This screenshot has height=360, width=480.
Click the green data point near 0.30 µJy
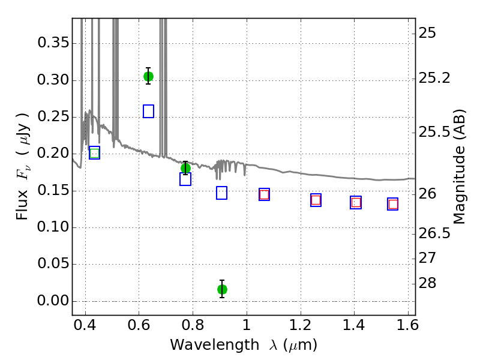(x=148, y=76)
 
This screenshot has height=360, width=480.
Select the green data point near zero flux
(x=222, y=289)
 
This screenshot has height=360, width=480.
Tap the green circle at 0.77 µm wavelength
(x=185, y=168)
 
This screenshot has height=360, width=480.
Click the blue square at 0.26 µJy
(x=148, y=111)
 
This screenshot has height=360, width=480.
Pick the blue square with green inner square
(x=95, y=153)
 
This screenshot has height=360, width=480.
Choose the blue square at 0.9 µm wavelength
(x=221, y=193)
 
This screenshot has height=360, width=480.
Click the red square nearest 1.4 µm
(x=356, y=203)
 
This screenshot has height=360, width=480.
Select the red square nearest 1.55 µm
(x=393, y=204)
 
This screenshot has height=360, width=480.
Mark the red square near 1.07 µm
(x=264, y=194)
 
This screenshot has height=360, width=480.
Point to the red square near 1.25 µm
(x=316, y=200)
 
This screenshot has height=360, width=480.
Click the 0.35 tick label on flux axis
(x=53, y=43)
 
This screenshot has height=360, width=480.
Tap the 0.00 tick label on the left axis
(x=53, y=301)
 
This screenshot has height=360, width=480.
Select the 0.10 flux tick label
(x=53, y=227)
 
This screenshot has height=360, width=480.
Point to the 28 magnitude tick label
(x=427, y=283)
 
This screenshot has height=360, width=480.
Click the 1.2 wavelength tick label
(x=301, y=325)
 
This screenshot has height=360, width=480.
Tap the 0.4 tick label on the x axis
(x=85, y=325)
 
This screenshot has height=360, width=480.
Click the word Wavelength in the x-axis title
(x=215, y=345)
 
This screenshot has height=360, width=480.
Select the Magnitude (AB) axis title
(x=458, y=167)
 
